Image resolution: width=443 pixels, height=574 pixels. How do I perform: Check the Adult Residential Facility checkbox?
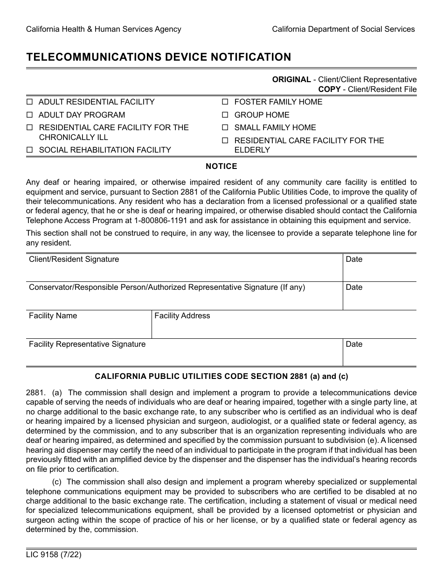tap(29, 102)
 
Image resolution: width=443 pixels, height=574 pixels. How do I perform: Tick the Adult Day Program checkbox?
tap(29, 115)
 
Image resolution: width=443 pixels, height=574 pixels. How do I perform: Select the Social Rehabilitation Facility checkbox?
tap(29, 150)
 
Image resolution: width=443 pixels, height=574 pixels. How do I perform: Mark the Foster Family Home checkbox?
tap(225, 102)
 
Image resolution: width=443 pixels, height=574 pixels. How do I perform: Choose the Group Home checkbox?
tap(225, 115)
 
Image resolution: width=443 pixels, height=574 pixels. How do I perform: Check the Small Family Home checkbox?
tap(225, 128)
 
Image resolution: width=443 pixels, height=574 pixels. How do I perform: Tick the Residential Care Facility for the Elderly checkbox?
tap(225, 141)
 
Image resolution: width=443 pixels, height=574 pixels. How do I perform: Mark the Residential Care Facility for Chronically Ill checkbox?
tap(29, 128)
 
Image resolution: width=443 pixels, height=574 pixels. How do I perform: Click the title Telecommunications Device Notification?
tap(159, 57)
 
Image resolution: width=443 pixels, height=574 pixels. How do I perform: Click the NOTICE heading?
tap(221, 167)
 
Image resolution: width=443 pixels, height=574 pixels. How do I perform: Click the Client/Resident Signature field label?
tap(74, 259)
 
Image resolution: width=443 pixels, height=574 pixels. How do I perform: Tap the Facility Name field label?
tap(53, 316)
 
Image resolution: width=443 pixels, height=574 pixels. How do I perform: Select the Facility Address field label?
tap(182, 316)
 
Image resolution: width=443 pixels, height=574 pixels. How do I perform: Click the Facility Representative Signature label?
tap(87, 344)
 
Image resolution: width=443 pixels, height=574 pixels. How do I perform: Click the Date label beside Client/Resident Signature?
tap(354, 259)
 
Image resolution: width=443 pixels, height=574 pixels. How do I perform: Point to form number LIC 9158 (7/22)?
tap(50, 555)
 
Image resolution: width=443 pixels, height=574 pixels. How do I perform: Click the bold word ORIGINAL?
tap(291, 80)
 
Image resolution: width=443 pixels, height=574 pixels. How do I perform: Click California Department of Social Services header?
tap(343, 29)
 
